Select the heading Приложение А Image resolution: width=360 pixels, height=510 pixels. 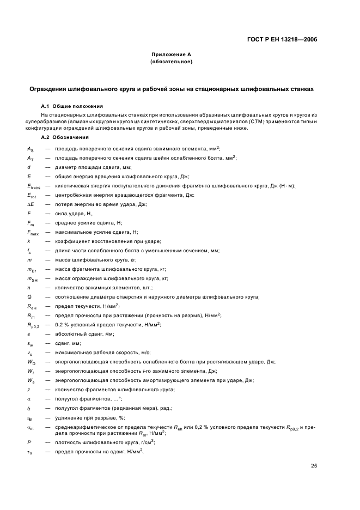click(x=171, y=55)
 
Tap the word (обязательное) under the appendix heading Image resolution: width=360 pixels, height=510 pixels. click(x=171, y=62)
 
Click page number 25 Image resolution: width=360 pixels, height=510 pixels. click(x=314, y=465)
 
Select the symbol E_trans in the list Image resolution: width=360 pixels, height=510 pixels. click(x=32, y=186)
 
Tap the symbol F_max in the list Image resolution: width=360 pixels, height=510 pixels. click(x=32, y=233)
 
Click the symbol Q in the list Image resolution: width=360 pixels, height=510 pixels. click(x=29, y=296)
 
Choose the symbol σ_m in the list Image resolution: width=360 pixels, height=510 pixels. click(x=30, y=428)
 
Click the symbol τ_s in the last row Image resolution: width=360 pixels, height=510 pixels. click(x=29, y=452)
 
